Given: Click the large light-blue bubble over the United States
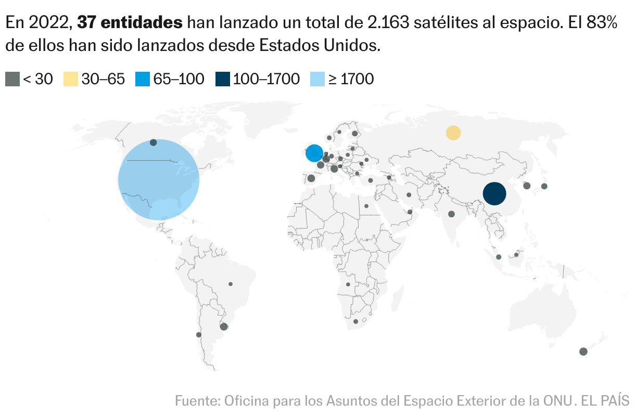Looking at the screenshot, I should point(159,180).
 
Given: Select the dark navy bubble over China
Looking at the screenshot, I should point(494,194).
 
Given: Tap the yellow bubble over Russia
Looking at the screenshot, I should point(453,133).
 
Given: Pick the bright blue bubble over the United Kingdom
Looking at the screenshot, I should point(314,153).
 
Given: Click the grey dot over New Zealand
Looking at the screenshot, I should point(583,352).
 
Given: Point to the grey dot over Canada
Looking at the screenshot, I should point(153,142).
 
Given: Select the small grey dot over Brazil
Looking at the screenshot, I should point(231,284).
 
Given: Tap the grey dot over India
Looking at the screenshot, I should point(451,214).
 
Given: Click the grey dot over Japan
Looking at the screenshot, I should point(544,186).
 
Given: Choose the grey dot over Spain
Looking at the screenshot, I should point(311,178).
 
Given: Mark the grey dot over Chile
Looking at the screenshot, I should point(198,335).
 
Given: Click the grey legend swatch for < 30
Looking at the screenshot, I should point(12,79).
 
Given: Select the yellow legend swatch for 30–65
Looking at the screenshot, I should point(71,79).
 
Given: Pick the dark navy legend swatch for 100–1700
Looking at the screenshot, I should point(222,79).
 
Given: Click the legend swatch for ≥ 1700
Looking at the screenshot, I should point(317,79).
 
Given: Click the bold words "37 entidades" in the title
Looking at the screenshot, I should point(130,22).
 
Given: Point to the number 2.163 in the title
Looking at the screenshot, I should point(385,22).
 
